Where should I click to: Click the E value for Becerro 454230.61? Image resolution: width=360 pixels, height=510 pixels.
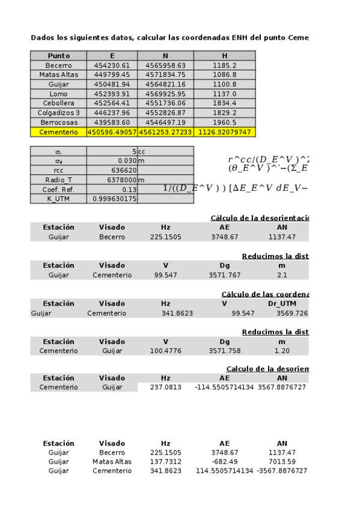coord(112,65)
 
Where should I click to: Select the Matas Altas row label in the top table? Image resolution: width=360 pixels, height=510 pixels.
coord(58,75)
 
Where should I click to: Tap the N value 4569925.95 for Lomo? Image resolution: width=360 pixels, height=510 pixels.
coord(165,94)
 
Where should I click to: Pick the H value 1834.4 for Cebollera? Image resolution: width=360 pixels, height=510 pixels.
coord(225,103)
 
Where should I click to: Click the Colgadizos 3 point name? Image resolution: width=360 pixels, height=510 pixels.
coord(58,112)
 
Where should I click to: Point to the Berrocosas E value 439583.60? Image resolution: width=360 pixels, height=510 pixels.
coord(112,122)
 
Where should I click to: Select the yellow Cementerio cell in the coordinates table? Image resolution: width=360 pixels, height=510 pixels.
coord(58,132)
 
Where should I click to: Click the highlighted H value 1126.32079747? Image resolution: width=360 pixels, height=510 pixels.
coord(225,132)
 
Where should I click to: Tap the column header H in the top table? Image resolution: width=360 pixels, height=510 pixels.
coord(225,55)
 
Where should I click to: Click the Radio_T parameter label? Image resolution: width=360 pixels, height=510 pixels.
coord(58,180)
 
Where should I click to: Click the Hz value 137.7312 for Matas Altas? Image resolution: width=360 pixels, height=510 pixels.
coord(166,462)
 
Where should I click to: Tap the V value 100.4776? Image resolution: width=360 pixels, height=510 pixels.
coord(166,351)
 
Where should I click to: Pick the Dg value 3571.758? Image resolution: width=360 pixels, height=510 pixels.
coord(224,351)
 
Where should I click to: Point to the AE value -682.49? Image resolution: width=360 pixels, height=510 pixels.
coord(224,462)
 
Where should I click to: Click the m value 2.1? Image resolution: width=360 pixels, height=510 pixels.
coord(282,275)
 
